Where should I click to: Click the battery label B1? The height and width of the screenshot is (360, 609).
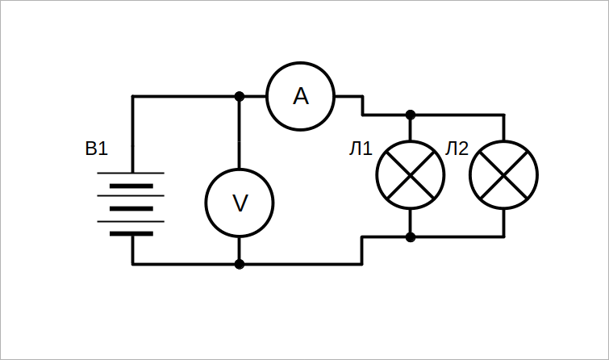[x=96, y=149]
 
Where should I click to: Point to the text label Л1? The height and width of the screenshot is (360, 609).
[x=361, y=149]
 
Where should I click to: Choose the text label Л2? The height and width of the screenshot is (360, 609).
[x=457, y=149]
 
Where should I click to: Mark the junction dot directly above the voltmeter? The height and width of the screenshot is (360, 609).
[x=240, y=96]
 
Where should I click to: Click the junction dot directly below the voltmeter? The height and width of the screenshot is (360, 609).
[x=240, y=265]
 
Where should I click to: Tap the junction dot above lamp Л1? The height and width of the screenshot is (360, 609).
[x=411, y=115]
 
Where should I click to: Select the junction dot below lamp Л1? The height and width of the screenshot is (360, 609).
[x=411, y=237]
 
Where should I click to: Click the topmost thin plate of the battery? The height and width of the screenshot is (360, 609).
[x=131, y=173]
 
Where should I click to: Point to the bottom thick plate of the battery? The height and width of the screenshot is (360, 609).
[x=131, y=233]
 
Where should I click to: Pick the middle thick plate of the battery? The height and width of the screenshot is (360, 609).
[x=131, y=209]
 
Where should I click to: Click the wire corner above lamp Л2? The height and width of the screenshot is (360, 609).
[x=504, y=115]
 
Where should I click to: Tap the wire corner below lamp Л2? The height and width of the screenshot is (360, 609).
[x=504, y=237]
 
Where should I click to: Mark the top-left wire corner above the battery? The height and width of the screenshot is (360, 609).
[x=133, y=96]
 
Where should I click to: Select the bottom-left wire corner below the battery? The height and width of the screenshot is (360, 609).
[x=133, y=265]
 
